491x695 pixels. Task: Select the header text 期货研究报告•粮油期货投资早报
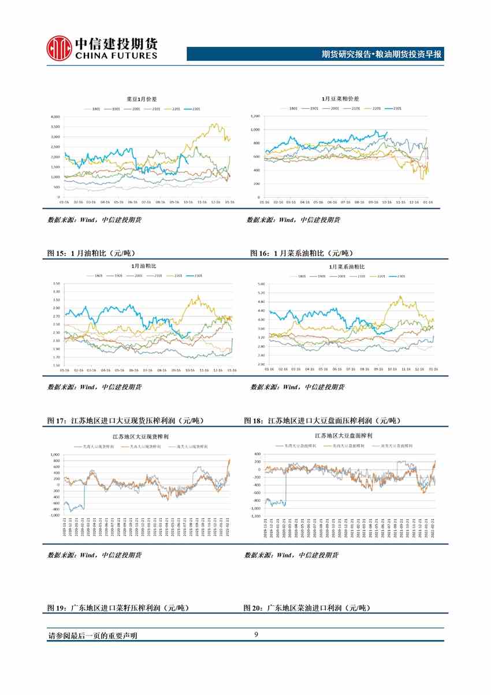(381, 55)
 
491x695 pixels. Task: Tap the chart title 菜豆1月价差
(139, 101)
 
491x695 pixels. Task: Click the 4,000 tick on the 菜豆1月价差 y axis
(55, 117)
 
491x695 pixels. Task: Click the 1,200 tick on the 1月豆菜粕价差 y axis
(255, 116)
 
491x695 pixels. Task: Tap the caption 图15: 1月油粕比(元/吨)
(100, 253)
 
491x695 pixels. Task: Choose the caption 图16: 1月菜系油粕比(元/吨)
(301, 253)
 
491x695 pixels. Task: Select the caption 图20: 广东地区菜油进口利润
(307, 608)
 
